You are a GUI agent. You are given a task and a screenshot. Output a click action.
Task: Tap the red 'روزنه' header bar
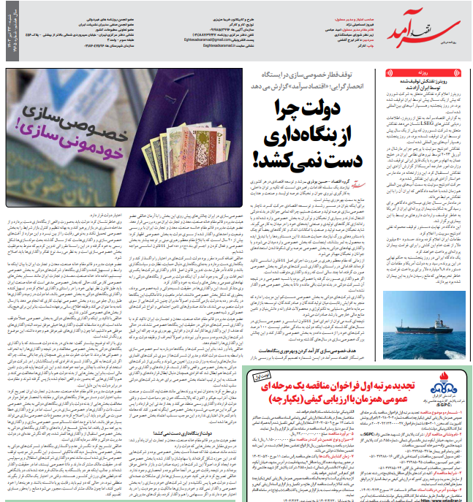pos(425,74)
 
